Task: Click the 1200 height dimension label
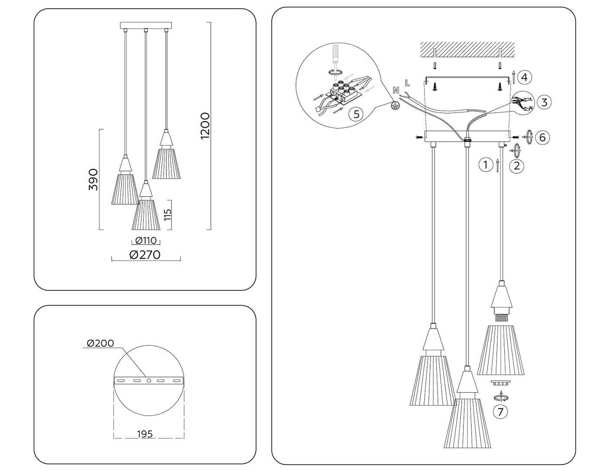tap(205, 126)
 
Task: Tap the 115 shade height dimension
tap(168, 214)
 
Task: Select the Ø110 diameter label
tap(146, 241)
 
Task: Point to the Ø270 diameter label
tap(145, 255)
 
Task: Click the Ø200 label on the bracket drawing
tap(100, 343)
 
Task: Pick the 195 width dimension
tap(145, 434)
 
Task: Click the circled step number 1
tap(486, 165)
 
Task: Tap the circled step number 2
tap(516, 166)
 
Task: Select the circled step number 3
tap(544, 102)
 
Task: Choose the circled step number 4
tap(524, 77)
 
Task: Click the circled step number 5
tap(356, 114)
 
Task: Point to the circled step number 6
tap(542, 137)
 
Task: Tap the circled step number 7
tap(500, 412)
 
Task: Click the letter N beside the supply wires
tap(396, 90)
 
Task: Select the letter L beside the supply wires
tap(407, 82)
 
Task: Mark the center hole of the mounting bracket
tap(149, 381)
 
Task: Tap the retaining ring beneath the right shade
tap(500, 383)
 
